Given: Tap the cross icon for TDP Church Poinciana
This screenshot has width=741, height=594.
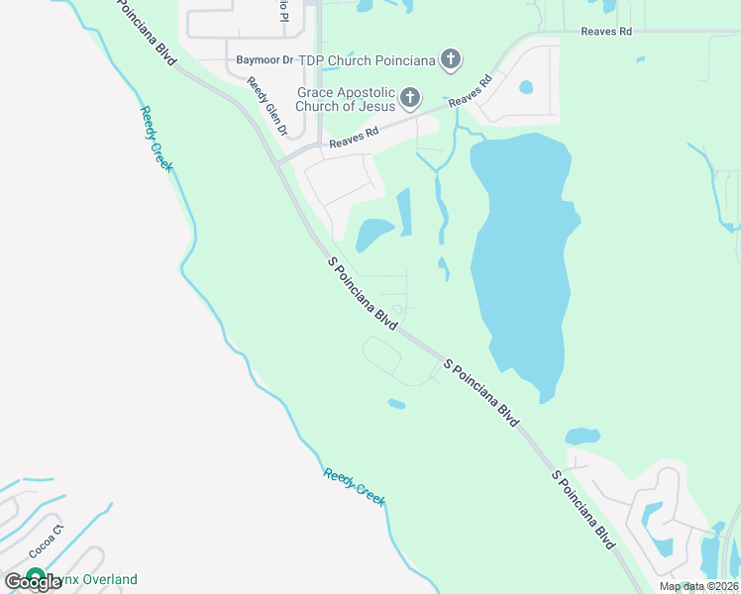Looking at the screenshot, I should [451, 60].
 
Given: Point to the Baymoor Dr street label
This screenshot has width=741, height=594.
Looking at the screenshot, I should [265, 60].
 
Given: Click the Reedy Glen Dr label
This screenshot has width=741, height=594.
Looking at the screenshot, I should [266, 107].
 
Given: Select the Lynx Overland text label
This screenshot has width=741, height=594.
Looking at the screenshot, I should [95, 579].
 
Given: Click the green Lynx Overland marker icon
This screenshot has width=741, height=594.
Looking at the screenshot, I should [37, 577].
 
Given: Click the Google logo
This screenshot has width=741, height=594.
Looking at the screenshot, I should [33, 582].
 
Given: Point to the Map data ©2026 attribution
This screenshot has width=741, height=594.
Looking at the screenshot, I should [697, 586].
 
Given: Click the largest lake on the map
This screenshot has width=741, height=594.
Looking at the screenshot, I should [520, 257].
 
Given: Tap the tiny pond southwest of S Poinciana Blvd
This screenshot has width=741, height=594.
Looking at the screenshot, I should [396, 403].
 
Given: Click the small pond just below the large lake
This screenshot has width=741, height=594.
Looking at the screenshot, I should [582, 436].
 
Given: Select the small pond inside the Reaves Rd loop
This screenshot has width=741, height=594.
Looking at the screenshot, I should [526, 86].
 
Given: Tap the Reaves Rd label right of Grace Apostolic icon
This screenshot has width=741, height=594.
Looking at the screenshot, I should [470, 93].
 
